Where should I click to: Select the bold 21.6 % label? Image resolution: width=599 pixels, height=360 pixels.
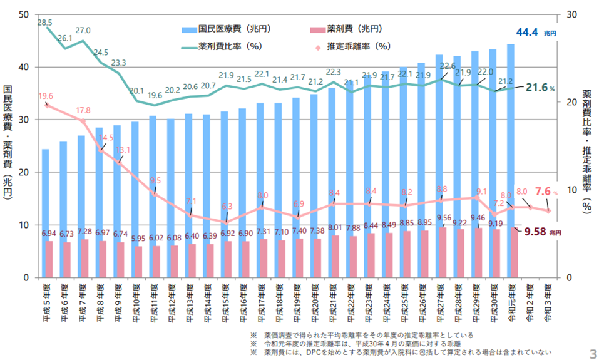[540, 87]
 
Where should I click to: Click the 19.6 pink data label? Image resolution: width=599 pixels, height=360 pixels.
[46, 96]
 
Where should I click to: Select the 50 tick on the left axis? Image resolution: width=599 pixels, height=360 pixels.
[23, 14]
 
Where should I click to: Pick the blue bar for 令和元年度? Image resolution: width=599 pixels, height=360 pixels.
[511, 125]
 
